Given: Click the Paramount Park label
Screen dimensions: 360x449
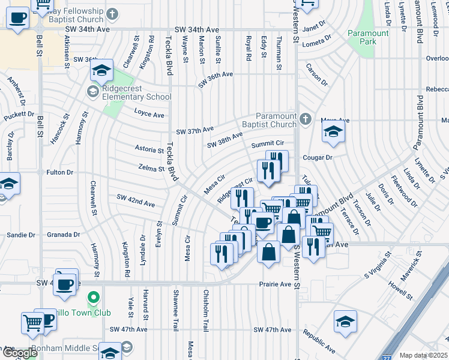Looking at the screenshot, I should [x=368, y=37].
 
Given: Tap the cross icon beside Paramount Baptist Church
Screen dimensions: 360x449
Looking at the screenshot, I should [x=305, y=118].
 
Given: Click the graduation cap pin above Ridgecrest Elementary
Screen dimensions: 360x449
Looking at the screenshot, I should [x=103, y=70].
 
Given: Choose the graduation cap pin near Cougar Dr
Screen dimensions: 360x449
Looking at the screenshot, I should [x=333, y=133].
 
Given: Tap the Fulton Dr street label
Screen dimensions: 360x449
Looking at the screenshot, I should [x=59, y=172].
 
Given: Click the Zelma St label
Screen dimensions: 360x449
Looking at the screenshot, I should [x=151, y=169].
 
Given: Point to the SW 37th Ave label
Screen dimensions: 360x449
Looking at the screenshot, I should [x=195, y=130].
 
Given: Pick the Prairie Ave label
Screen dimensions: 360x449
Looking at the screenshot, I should [x=274, y=284].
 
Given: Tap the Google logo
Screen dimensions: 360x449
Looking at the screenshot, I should [x=20, y=353].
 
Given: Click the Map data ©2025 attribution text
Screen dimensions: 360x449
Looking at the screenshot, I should [x=424, y=355].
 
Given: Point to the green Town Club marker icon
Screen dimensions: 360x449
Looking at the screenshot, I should [x=93, y=297].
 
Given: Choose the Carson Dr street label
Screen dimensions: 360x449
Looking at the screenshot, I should [x=316, y=74].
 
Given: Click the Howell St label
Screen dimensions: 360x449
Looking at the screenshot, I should [x=402, y=291].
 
